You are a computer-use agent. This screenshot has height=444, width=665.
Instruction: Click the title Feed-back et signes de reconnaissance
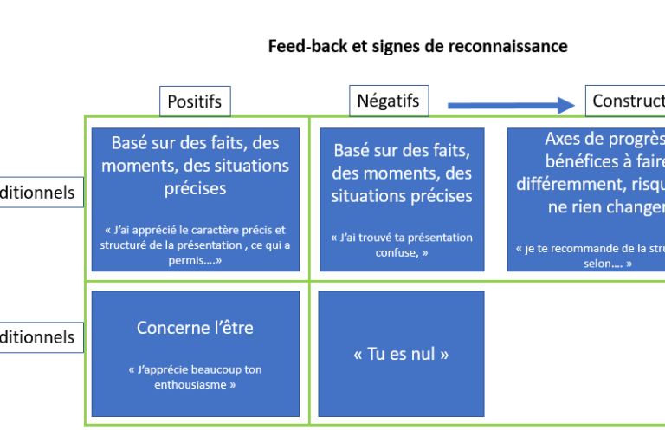tap(418, 46)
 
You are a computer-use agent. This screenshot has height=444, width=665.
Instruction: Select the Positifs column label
tap(194, 101)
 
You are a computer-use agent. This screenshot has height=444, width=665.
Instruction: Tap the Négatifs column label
tap(388, 101)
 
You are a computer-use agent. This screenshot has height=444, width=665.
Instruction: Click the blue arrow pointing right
tap(511, 106)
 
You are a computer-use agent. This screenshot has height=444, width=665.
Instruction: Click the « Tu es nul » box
tap(401, 354)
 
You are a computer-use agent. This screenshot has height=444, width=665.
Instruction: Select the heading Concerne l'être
tap(195, 328)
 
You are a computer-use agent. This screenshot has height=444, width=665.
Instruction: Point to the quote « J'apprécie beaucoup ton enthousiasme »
tap(195, 376)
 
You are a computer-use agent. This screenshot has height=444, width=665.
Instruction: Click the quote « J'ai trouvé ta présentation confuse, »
tap(401, 245)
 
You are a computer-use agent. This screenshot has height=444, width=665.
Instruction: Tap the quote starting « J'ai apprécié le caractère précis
tap(195, 245)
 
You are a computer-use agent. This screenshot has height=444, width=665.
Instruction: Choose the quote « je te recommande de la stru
tap(589, 255)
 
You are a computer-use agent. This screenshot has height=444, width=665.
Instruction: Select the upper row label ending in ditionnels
tap(40, 193)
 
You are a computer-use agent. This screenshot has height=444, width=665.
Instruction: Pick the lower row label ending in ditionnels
tap(40, 337)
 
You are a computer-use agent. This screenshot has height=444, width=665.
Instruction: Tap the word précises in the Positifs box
tap(195, 187)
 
